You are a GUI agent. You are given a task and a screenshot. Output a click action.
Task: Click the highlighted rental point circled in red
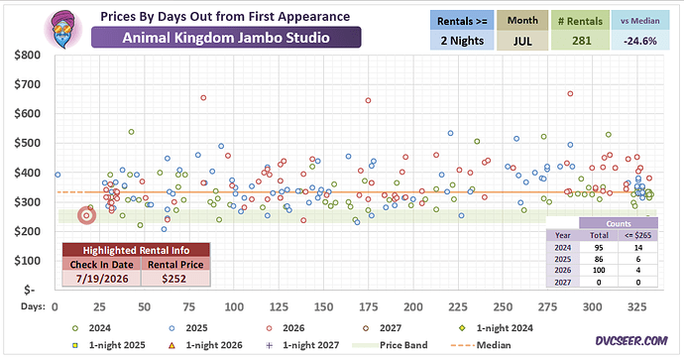(x=86, y=215)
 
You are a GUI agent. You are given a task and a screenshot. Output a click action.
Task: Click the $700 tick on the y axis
(x=28, y=84)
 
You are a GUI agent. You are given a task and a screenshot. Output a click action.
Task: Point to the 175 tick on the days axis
(x=368, y=306)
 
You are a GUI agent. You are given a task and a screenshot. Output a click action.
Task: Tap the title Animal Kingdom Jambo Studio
(x=226, y=38)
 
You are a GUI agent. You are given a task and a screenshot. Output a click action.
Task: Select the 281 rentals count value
(x=582, y=41)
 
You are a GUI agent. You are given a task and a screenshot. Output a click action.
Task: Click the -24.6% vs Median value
(x=640, y=41)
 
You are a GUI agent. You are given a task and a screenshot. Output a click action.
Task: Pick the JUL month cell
(x=522, y=41)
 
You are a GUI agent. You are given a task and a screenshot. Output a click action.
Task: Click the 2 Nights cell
(x=462, y=41)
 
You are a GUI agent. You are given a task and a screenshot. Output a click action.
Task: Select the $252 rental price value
(x=174, y=279)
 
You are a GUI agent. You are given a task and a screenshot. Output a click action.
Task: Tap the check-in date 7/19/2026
(x=102, y=279)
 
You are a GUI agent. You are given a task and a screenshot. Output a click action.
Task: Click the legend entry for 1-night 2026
(x=205, y=345)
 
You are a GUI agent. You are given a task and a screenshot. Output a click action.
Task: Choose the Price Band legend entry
(x=391, y=345)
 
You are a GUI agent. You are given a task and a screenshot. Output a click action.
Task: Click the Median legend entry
(x=480, y=345)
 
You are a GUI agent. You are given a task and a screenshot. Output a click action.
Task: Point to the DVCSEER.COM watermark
(x=631, y=341)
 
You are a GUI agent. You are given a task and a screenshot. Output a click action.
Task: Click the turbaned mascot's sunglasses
(x=62, y=29)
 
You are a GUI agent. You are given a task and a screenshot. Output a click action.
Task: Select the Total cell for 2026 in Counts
(x=599, y=270)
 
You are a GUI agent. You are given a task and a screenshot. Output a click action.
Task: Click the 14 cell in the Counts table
(x=638, y=247)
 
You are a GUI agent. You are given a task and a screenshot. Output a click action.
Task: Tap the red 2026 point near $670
(x=570, y=94)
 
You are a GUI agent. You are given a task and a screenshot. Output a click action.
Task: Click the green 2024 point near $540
(x=131, y=132)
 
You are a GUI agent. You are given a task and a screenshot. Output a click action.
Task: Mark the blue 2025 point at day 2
(x=57, y=175)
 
